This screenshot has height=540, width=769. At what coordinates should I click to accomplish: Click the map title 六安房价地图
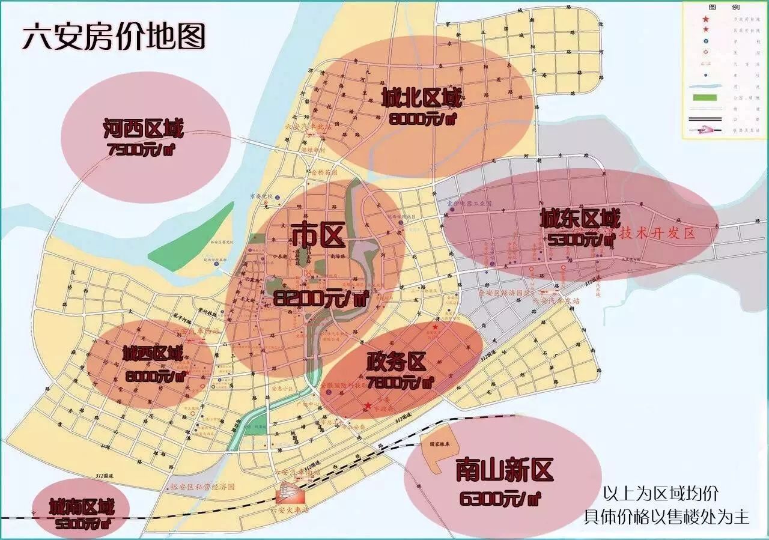point(114,37)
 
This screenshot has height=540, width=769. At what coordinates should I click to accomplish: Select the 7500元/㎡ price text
point(143,150)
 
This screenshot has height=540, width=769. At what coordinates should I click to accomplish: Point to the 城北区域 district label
point(422,97)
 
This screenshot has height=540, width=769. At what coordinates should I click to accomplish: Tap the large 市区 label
point(318,235)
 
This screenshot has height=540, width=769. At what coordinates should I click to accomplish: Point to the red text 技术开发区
point(657,234)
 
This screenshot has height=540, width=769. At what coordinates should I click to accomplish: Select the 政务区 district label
point(396,362)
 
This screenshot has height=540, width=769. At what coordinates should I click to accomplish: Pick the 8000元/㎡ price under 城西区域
point(154,376)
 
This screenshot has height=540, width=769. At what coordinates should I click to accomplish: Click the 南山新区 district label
point(503,470)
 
